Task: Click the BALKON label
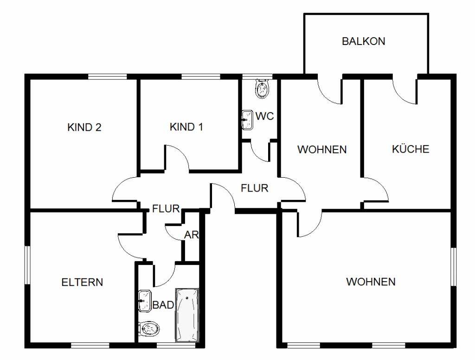coord(364,41)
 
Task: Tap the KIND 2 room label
coord(84,127)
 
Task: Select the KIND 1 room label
coord(186,127)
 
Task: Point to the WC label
coord(264,116)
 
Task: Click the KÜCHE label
coord(411,149)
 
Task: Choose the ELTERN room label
coord(82,282)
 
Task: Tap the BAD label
coord(163,305)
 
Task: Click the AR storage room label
coord(192,235)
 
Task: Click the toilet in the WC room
coord(263,89)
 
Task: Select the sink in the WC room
coord(248,120)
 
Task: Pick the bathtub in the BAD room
coord(187,315)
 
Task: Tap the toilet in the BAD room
coord(149,328)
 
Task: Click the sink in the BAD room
coord(145,301)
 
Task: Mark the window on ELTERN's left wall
coord(27,265)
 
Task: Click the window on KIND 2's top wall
coord(107,77)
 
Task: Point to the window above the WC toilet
coord(257,77)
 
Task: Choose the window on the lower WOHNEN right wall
coord(454,267)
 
